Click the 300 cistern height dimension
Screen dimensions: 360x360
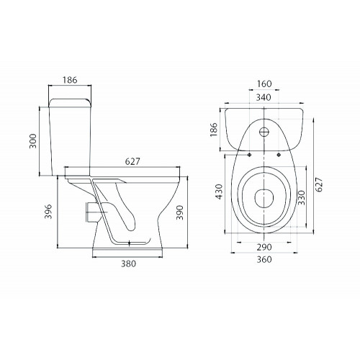(x=33, y=141)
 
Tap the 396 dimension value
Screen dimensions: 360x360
(x=48, y=212)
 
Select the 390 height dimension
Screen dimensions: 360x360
(x=180, y=212)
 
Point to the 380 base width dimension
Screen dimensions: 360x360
(x=128, y=264)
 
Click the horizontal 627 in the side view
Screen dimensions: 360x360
(x=132, y=161)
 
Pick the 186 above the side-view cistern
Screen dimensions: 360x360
(x=70, y=80)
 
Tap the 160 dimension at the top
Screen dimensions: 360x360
(x=264, y=84)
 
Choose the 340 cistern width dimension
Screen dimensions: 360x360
(x=264, y=97)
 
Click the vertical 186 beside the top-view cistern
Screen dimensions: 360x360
(x=213, y=130)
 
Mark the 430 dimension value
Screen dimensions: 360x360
(x=219, y=192)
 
